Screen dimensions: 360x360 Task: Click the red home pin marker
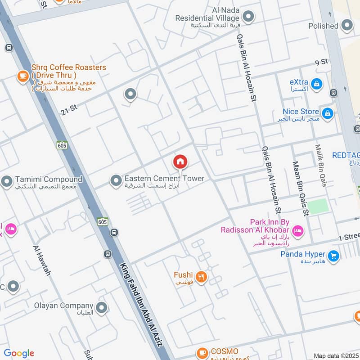point(180,162)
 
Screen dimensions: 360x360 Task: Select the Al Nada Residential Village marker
point(248,18)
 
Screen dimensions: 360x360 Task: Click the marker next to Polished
point(347,26)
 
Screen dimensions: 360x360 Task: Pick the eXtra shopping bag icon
point(317,84)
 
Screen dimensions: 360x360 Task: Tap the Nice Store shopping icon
point(328,112)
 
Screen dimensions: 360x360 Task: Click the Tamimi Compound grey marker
point(6,182)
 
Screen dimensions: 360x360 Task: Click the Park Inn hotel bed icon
point(297,232)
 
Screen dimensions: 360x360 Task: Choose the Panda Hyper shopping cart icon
point(333,256)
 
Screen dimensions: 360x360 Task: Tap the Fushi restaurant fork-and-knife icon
point(201,277)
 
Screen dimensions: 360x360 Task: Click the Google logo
point(19,353)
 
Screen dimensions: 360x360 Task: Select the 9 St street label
point(321,62)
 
